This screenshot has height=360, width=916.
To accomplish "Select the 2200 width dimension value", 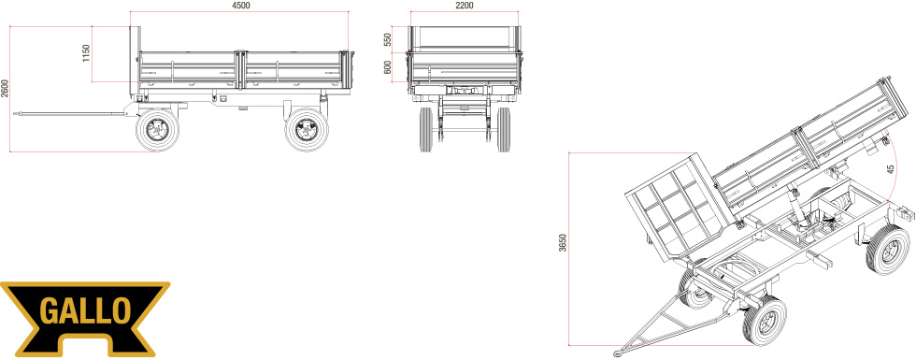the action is coord(464,6).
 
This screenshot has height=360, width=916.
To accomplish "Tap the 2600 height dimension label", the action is coord(6,89).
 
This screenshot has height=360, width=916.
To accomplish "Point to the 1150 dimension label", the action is coord(86,54).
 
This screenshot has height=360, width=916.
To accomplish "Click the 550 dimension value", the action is coord(387,39).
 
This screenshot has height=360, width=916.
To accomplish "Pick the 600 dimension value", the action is coord(387,67).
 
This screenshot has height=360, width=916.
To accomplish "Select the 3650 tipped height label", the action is coord(563,242).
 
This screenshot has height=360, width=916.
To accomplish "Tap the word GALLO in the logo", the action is coord(85,310).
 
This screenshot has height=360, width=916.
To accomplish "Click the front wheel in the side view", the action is coord(157,130).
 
